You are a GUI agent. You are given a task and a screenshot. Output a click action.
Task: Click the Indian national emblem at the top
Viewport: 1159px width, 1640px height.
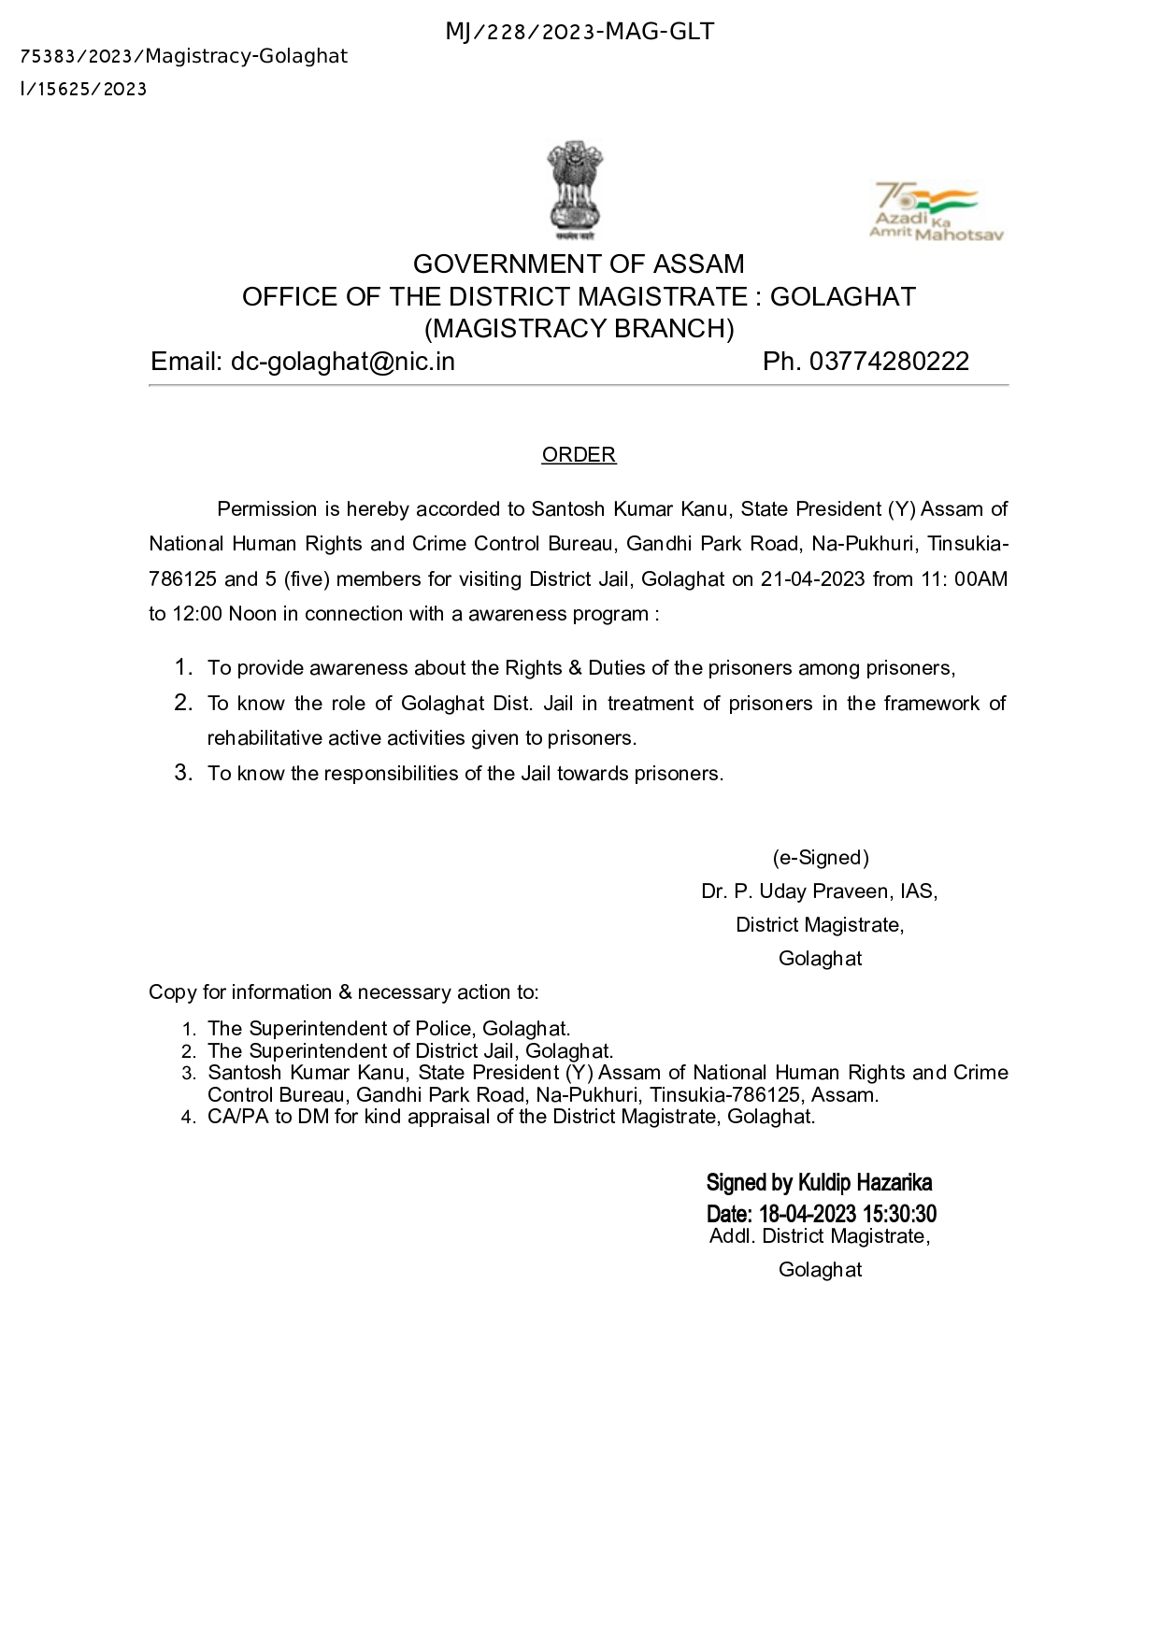click(575, 189)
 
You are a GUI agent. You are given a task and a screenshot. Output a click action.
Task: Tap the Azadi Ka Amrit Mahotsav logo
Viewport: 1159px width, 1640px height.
click(935, 211)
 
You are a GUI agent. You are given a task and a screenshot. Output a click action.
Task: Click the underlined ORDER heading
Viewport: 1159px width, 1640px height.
click(579, 455)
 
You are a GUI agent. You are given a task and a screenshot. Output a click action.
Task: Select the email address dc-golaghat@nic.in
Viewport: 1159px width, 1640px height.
click(343, 362)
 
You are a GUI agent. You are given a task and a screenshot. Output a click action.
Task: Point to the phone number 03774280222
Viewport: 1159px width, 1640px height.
click(889, 362)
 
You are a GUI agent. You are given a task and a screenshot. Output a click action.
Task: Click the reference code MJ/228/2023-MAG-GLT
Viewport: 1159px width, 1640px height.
click(579, 33)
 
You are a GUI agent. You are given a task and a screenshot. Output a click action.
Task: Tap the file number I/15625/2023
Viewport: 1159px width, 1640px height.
click(83, 90)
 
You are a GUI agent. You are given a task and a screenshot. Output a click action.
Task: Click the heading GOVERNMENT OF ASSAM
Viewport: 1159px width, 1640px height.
click(579, 264)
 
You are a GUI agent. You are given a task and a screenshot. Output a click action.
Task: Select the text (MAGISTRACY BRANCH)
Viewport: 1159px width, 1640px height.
click(579, 329)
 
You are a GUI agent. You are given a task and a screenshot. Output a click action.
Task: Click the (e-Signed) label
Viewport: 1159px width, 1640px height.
click(820, 858)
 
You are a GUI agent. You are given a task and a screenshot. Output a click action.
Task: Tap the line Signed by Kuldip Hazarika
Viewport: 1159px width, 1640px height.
click(819, 1183)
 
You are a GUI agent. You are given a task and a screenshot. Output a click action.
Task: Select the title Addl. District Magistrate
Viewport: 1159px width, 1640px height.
click(818, 1236)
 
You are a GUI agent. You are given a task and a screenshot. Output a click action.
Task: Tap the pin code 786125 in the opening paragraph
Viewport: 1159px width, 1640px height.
click(181, 579)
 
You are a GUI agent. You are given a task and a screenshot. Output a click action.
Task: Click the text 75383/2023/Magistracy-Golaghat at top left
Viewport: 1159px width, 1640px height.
click(183, 57)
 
